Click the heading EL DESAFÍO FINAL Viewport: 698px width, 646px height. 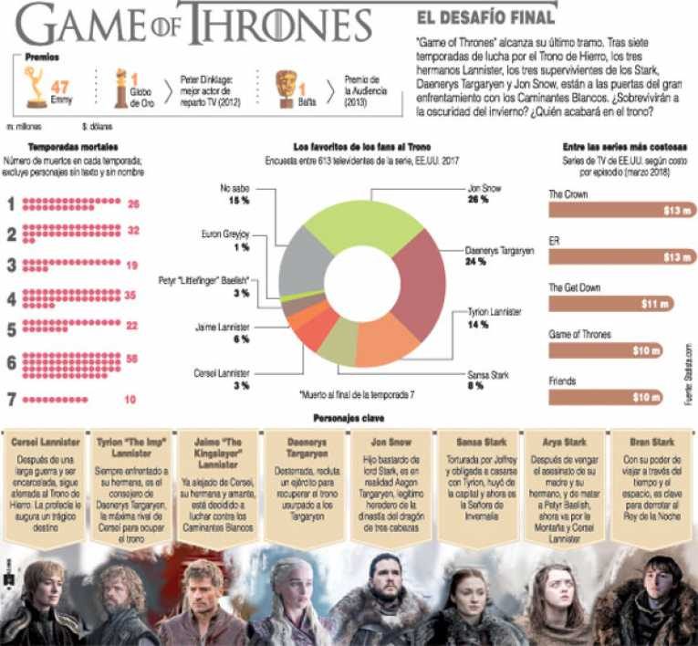pyautogui.click(x=485, y=17)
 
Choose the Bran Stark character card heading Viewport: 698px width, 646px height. pyautogui.click(x=651, y=440)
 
